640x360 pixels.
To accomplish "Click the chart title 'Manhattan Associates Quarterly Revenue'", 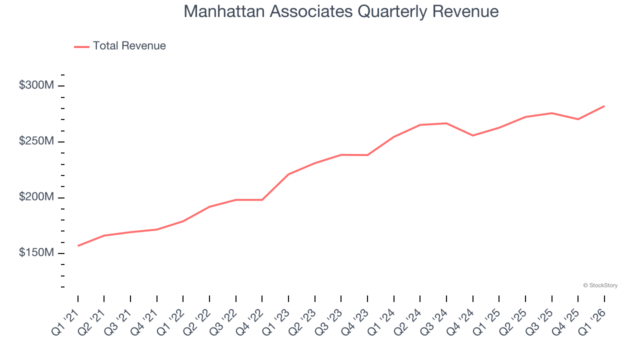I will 341,11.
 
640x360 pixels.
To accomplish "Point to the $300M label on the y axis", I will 36,85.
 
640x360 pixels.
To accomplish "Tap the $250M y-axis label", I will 36,141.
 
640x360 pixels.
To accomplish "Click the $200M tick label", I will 36,197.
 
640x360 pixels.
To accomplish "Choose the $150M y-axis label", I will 36,253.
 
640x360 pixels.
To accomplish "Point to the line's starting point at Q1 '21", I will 78,245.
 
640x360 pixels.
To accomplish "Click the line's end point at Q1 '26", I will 604,106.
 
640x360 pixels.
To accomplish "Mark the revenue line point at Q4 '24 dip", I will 472,135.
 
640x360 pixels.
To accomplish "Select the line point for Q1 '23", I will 288,174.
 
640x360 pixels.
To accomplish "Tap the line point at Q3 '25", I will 551,113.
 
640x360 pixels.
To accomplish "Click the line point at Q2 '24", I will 420,124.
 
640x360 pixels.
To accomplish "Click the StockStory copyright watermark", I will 600,285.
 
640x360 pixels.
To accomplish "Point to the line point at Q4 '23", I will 367,155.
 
